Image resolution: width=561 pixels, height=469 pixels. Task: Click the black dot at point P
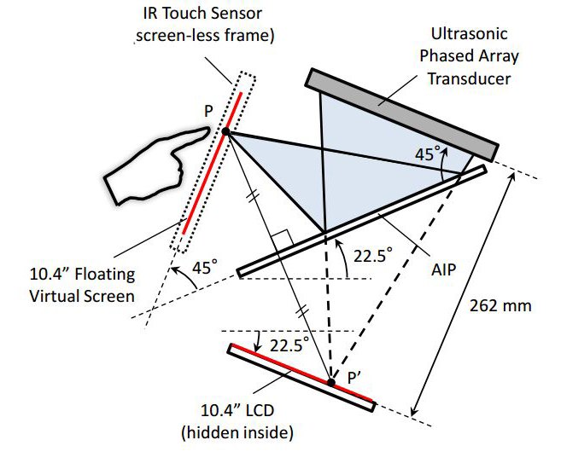pos(225,131)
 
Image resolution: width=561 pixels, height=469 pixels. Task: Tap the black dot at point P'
pos(331,383)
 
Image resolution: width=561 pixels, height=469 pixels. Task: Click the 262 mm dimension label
pos(500,306)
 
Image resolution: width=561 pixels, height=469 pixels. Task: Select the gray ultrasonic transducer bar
pos(401,115)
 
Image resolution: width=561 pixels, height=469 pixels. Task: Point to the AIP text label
pos(444,269)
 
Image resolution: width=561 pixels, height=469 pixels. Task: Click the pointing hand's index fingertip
pos(207,130)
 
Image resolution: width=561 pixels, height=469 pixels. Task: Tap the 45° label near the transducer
pos(426,154)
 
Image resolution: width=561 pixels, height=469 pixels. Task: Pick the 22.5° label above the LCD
pos(289,345)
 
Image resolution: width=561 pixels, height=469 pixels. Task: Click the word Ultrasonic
pos(469,34)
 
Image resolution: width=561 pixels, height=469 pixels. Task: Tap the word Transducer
pos(469,78)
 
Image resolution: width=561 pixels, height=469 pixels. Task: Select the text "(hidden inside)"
pos(237,433)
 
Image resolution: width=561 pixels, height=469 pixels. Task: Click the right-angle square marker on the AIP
pos(283,238)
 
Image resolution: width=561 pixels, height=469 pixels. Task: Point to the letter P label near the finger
pos(208,111)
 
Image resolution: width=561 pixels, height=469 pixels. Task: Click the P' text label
pos(354,378)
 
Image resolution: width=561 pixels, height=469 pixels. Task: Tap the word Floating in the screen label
pos(105,275)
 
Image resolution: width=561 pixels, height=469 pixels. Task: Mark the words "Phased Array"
pos(469,56)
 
